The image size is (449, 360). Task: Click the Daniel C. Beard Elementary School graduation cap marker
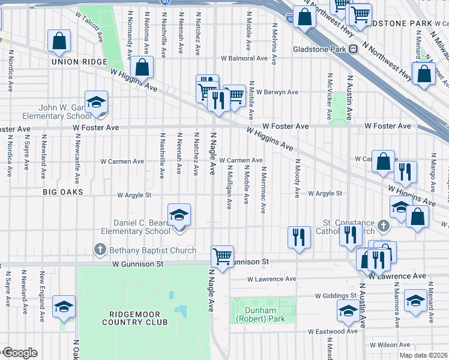click(179, 217)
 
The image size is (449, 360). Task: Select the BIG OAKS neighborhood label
click(62, 192)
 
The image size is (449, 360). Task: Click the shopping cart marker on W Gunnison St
click(223, 257)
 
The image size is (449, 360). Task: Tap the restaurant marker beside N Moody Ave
click(298, 238)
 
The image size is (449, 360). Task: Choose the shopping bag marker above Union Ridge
click(60, 41)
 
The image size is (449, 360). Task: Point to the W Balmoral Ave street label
click(244, 59)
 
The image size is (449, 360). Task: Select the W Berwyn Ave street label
click(276, 92)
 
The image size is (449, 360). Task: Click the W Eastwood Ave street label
click(333, 331)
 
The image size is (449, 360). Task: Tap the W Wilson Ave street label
click(391, 346)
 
